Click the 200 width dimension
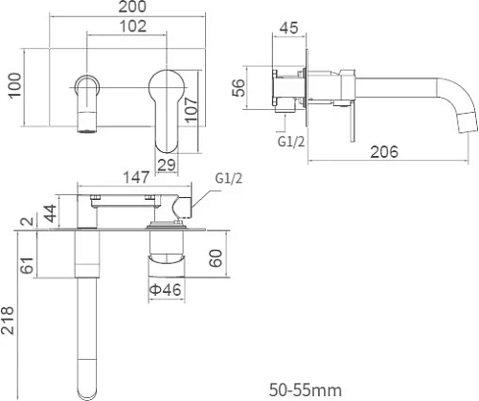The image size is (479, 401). tap(132, 7)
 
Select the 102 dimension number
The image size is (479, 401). tap(133, 26)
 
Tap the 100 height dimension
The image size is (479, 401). tap(15, 85)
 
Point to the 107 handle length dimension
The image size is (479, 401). tap(192, 110)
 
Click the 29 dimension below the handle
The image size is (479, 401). tap(167, 165)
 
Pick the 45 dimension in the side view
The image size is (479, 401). tap(288, 28)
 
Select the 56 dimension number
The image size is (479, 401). tap(239, 88)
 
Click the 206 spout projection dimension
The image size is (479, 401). tap(384, 152)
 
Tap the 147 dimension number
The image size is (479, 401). tap(136, 177)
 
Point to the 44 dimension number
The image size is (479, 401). tap(51, 213)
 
